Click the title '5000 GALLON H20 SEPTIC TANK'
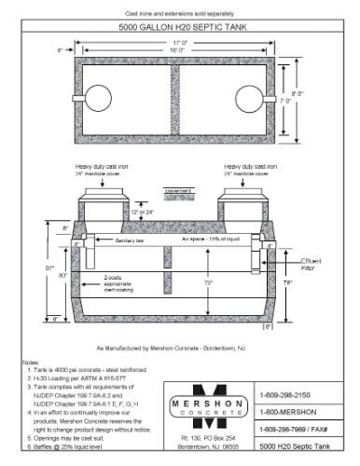click(181, 28)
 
